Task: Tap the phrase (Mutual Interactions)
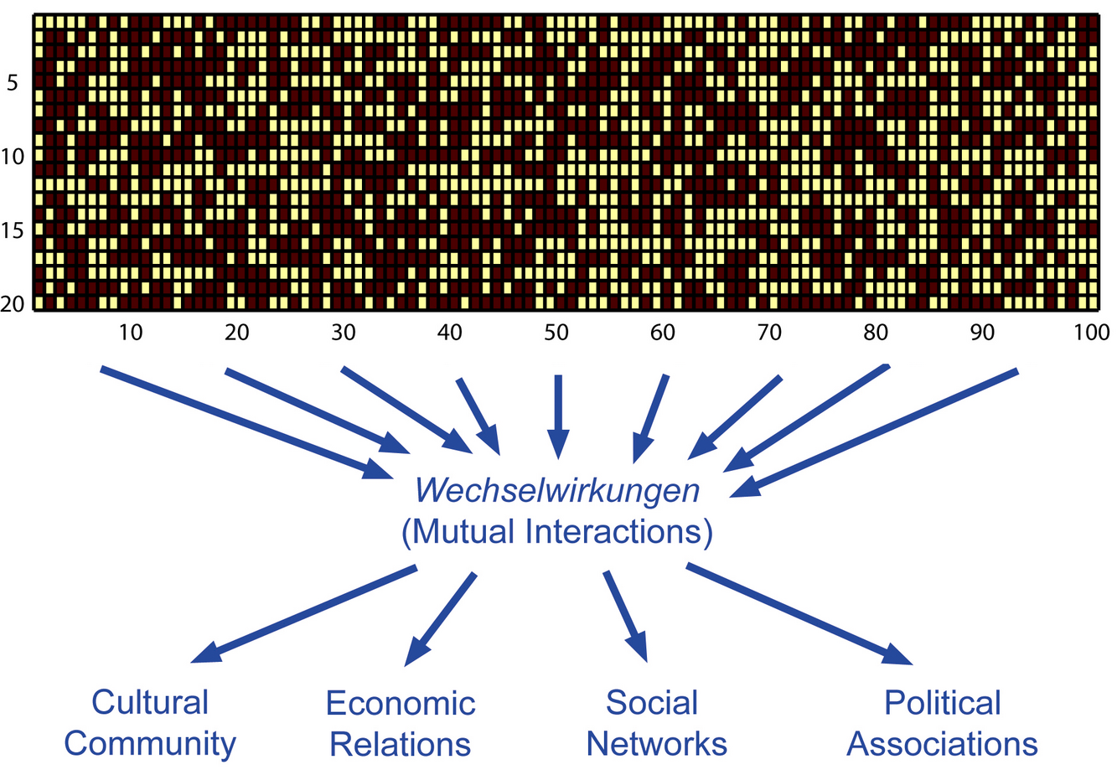pos(557,532)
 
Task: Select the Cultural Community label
pos(150,722)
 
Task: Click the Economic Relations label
pos(401,723)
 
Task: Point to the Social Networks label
pos(656,723)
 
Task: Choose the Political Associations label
pos(942,723)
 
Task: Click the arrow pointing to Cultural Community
pos(303,614)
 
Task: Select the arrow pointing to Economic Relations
pos(440,620)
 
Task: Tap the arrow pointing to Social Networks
pos(625,617)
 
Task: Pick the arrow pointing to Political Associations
pos(799,614)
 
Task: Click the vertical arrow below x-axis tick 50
pos(558,417)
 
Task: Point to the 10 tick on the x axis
pos(131,333)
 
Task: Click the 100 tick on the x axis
pos(1091,333)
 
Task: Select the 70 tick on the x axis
pos(769,333)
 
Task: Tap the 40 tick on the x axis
pos(449,333)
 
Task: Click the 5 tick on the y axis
pos(13,83)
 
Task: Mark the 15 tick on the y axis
pos(12,231)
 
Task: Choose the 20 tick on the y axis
pos(13,304)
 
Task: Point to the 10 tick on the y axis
pos(12,158)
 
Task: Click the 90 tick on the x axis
pos(982,333)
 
